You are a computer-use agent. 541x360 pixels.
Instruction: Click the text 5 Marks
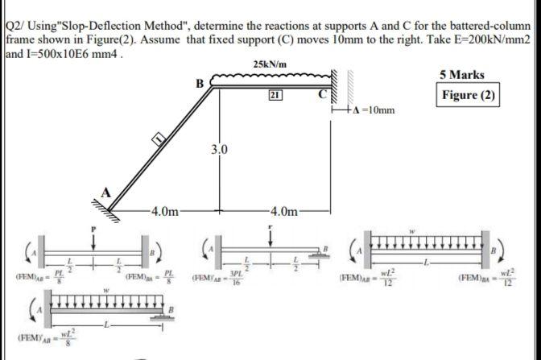[462, 75]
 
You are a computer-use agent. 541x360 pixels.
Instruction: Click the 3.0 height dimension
[219, 149]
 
